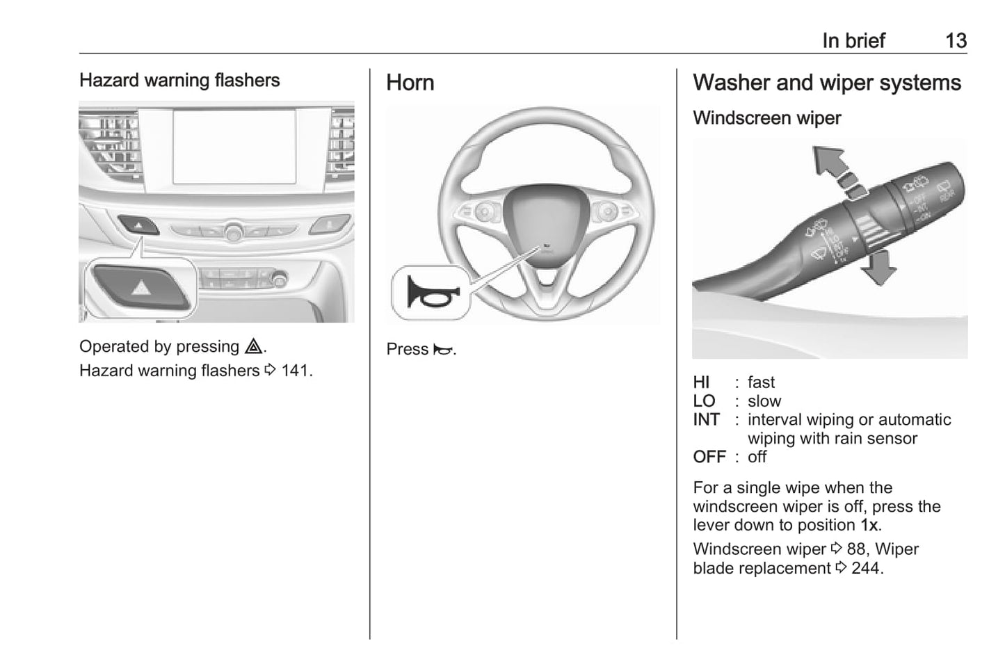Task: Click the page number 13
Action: [x=956, y=41]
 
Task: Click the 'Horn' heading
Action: [x=410, y=83]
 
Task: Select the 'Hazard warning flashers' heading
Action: [x=179, y=81]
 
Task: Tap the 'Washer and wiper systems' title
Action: [x=826, y=83]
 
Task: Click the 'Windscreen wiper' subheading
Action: [x=766, y=118]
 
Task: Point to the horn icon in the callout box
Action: [x=431, y=293]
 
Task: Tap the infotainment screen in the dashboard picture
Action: [x=234, y=146]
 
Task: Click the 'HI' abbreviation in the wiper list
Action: [x=701, y=382]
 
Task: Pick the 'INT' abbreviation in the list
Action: [x=706, y=420]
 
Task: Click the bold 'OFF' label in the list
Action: [x=709, y=458]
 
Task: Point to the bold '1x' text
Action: [x=869, y=526]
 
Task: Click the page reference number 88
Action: [x=855, y=549]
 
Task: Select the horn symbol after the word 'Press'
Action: [x=442, y=350]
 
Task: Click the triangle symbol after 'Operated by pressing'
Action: [x=253, y=346]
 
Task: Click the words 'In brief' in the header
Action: [x=853, y=41]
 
